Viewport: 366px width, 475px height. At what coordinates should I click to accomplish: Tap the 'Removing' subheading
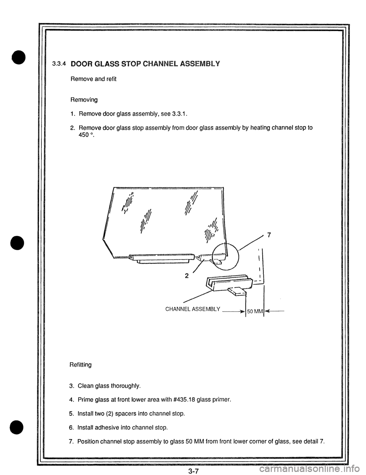(x=83, y=100)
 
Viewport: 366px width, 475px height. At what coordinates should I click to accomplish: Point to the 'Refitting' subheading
(x=80, y=365)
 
